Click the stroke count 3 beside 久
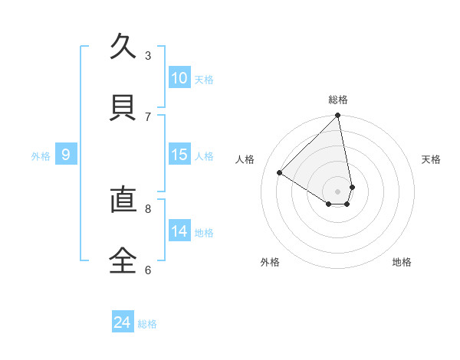(148, 56)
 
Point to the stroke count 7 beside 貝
(148, 116)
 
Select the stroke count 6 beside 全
(148, 270)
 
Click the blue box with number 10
(179, 78)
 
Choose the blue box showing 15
(179, 155)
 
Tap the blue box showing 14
(179, 231)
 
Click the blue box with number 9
(66, 155)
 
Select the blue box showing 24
(123, 323)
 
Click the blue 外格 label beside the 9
(41, 155)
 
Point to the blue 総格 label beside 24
(147, 324)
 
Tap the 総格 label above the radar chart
(338, 100)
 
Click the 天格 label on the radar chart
(432, 159)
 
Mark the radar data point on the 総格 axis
(338, 116)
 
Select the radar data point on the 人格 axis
(280, 173)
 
